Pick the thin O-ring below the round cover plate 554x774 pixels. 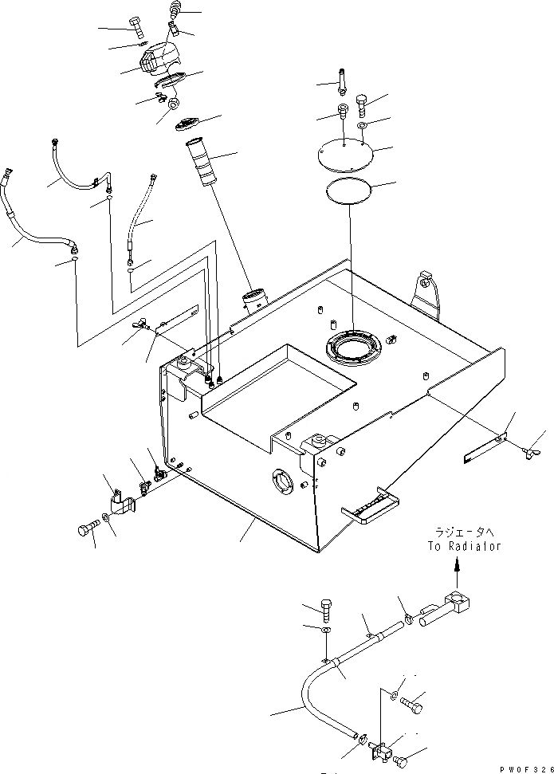click(350, 191)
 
